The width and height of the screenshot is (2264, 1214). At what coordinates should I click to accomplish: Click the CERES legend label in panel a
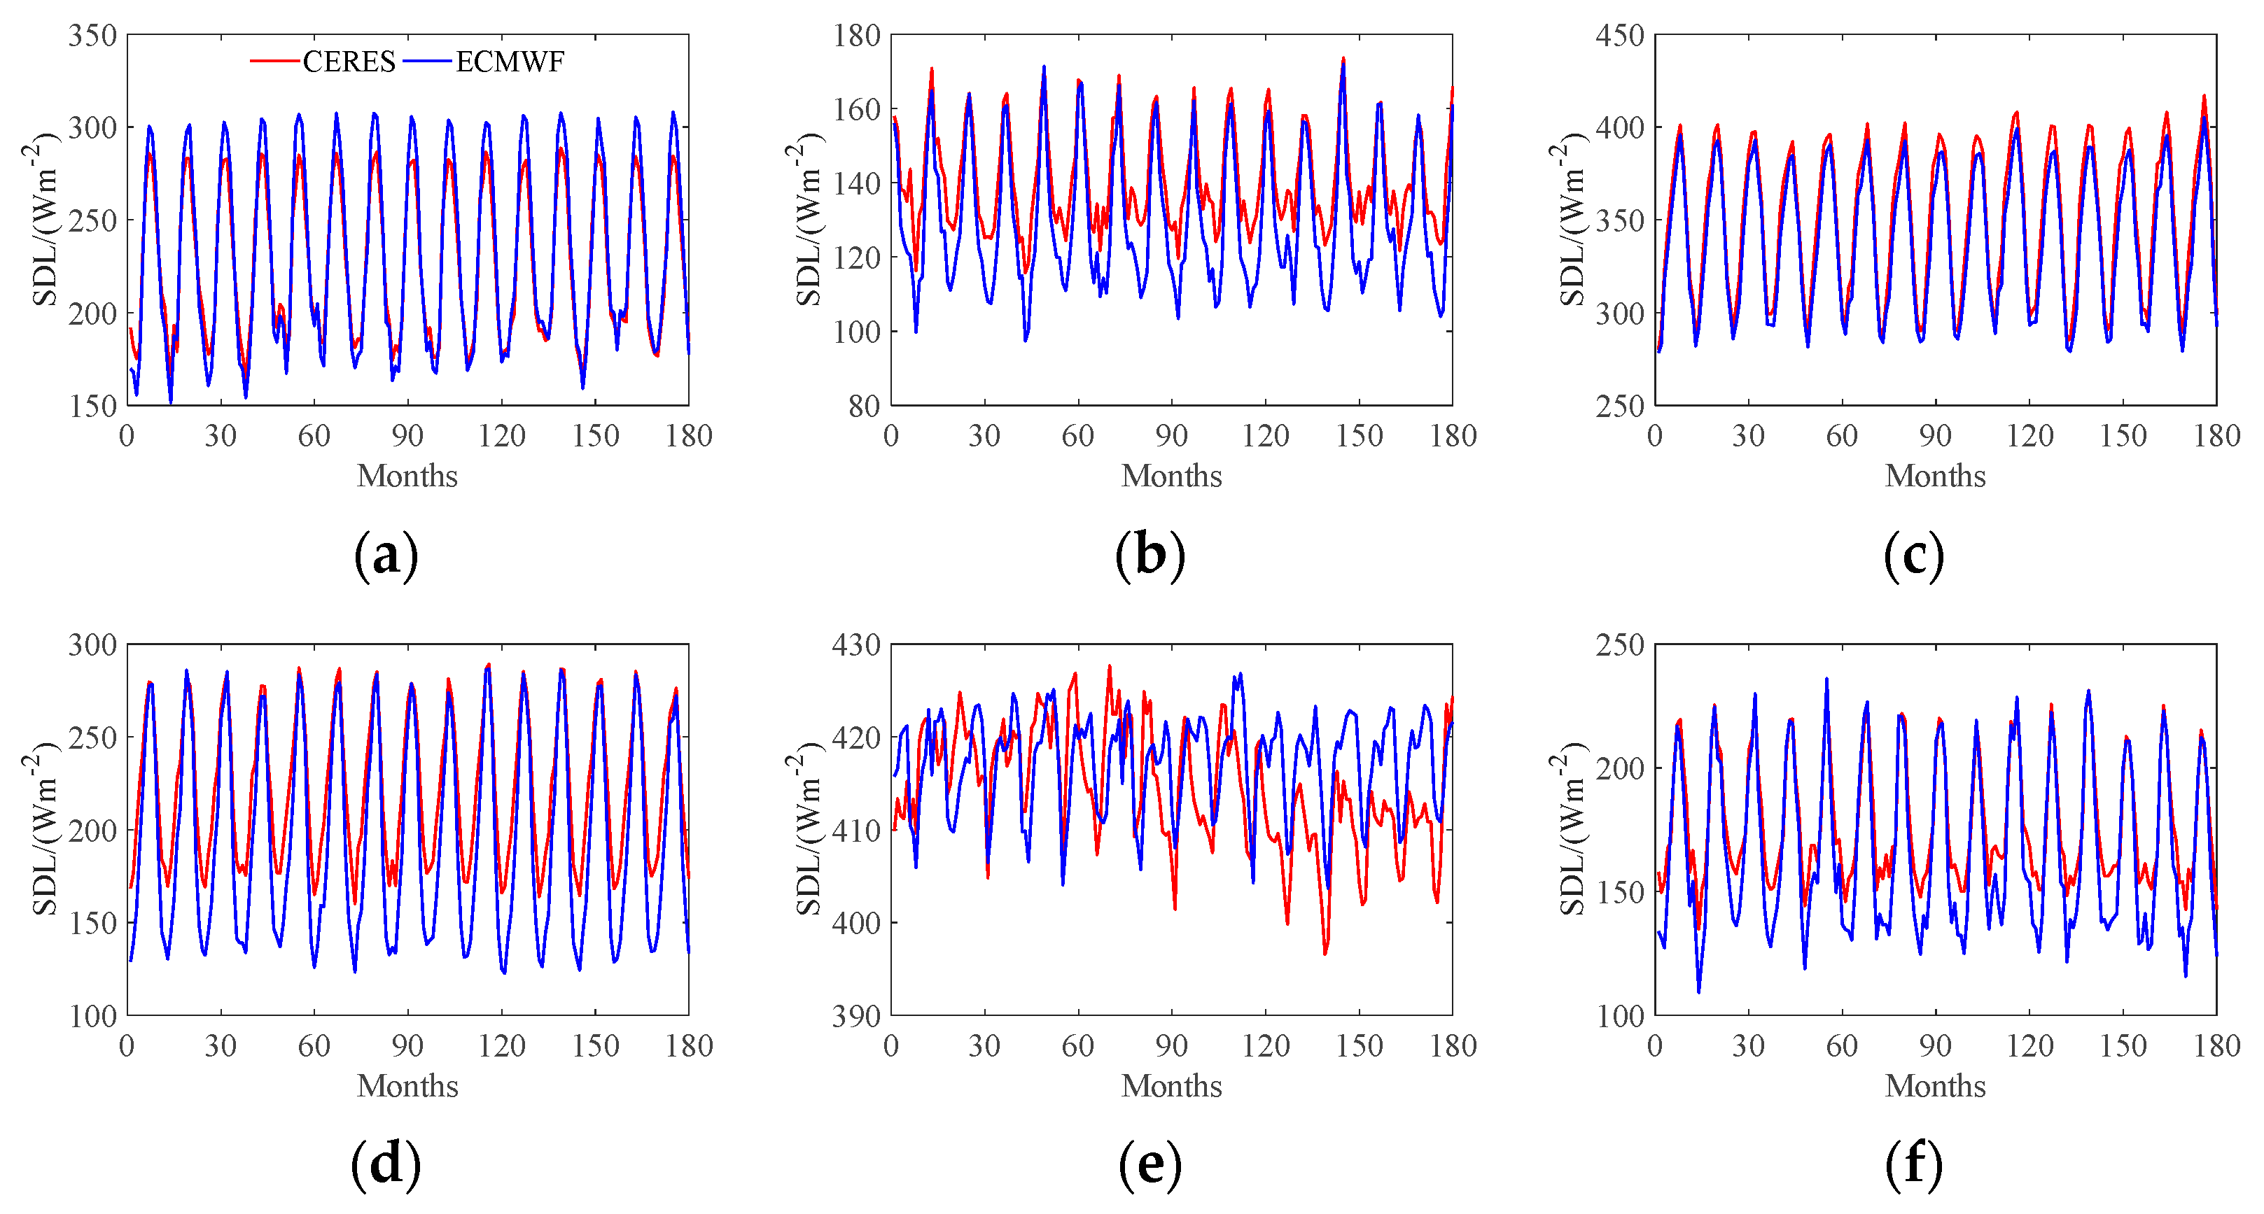click(349, 62)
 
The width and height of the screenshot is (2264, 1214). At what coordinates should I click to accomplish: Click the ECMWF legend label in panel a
click(510, 62)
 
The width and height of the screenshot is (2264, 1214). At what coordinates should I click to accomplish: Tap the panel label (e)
click(1150, 1165)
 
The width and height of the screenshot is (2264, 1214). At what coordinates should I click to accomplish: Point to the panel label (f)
click(1913, 1165)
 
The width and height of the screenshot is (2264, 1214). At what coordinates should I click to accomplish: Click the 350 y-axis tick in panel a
click(92, 35)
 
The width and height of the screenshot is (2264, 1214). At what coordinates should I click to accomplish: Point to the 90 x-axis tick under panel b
click(1171, 436)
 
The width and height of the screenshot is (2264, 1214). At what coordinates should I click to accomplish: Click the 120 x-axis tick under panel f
click(2029, 1045)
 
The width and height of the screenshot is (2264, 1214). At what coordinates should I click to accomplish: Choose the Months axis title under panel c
click(1935, 476)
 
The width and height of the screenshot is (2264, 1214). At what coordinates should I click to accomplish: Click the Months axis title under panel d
click(408, 1086)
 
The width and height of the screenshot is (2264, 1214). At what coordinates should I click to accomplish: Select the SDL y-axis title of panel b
click(806, 220)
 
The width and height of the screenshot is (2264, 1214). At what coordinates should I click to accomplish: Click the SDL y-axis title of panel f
click(1570, 829)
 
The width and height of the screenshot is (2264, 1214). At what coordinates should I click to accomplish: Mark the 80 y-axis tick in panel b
click(864, 406)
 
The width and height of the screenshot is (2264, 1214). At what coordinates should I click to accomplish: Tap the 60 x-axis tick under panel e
click(1077, 1045)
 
